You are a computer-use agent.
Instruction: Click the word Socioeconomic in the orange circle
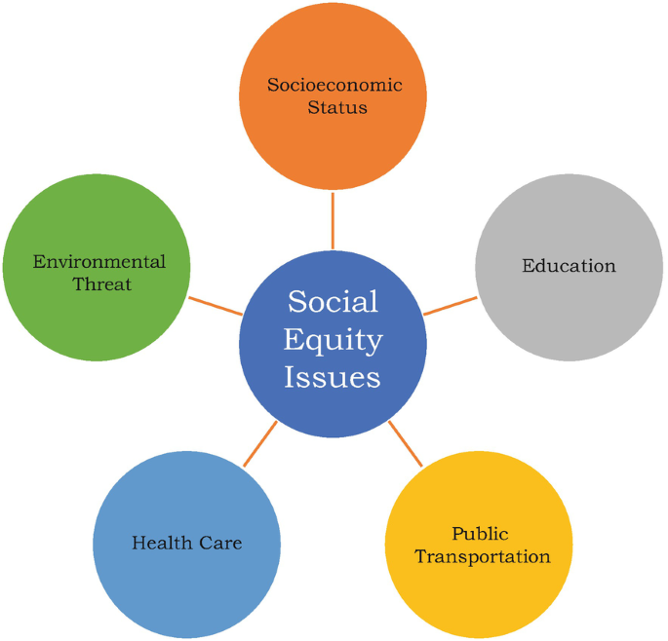334,85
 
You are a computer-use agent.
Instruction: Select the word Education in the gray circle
569,265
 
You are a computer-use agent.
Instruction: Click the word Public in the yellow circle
480,534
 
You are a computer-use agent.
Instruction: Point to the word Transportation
482,557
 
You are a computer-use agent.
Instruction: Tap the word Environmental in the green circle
98,262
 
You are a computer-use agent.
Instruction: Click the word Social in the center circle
333,302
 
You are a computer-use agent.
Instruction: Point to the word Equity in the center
333,340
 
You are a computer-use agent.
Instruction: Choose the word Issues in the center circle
333,377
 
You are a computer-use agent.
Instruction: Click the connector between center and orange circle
333,221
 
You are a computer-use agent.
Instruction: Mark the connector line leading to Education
451,306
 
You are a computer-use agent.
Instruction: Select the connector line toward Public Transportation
406,443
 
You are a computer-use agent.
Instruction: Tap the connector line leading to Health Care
259,443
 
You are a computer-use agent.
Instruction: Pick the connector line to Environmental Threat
216,306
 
